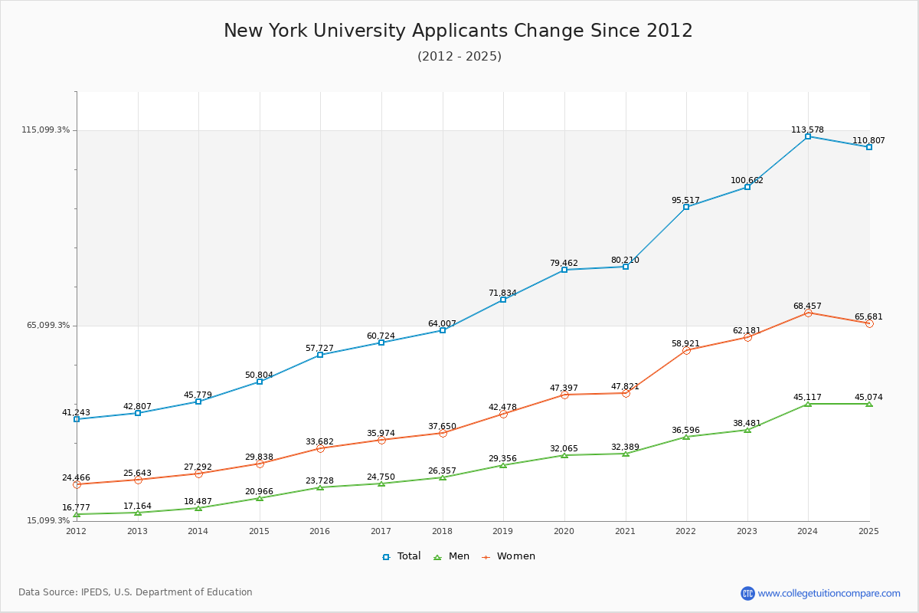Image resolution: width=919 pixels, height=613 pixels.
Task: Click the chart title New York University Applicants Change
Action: pyautogui.click(x=458, y=31)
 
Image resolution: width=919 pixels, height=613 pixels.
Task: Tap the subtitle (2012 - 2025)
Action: pyautogui.click(x=459, y=57)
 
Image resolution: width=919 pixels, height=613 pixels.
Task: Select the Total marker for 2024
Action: pyautogui.click(x=808, y=136)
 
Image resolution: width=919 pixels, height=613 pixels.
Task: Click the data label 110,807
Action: pyautogui.click(x=868, y=141)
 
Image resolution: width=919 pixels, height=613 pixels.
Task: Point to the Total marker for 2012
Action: pyautogui.click(x=77, y=419)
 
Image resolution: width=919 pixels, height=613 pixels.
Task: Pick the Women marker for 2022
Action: pyautogui.click(x=686, y=350)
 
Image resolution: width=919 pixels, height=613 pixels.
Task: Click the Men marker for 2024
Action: pyautogui.click(x=808, y=404)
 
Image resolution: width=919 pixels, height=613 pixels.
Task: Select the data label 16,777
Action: pyautogui.click(x=76, y=508)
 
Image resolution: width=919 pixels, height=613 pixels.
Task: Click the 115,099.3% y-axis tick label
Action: pyautogui.click(x=45, y=130)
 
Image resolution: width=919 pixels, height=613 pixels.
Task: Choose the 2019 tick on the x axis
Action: pyautogui.click(x=503, y=531)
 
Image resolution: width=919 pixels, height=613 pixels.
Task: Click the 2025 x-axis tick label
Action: pyautogui.click(x=868, y=531)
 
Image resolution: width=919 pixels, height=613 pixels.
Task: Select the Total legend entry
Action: pyautogui.click(x=401, y=556)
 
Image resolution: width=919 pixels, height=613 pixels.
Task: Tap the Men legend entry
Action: pyautogui.click(x=452, y=556)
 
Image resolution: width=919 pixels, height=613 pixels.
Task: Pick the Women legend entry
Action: pyautogui.click(x=509, y=556)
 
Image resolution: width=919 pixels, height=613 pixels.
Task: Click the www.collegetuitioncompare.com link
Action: pyautogui.click(x=829, y=593)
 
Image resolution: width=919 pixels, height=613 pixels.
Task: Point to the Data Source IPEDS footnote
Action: pyautogui.click(x=136, y=592)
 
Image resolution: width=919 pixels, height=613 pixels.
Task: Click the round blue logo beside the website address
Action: pyautogui.click(x=747, y=593)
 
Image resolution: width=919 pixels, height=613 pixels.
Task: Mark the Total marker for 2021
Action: pyautogui.click(x=626, y=267)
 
